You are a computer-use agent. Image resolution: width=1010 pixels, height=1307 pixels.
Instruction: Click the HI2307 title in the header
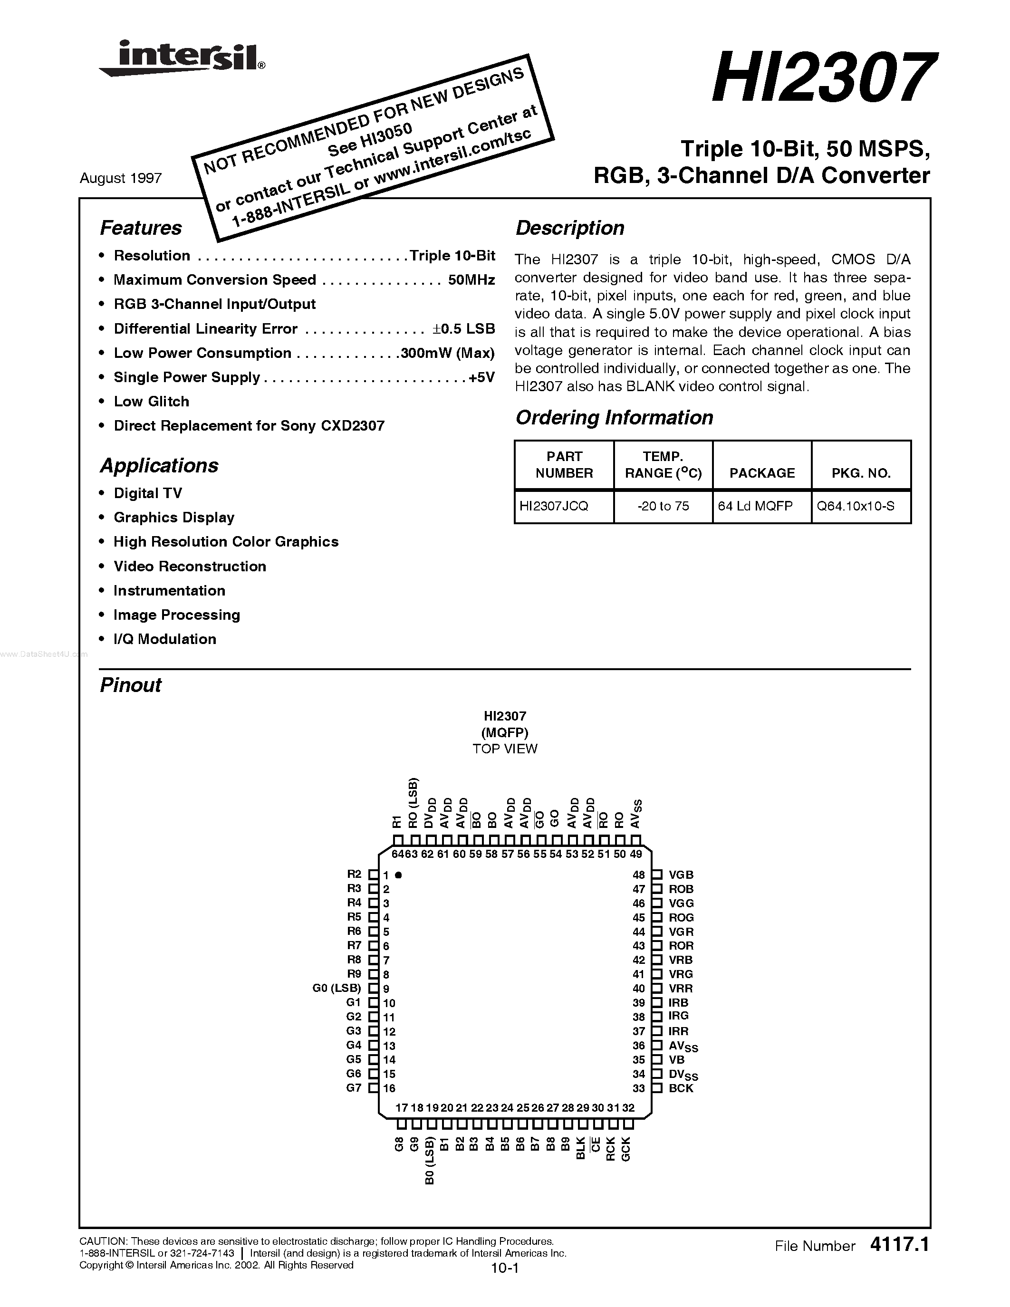(820, 78)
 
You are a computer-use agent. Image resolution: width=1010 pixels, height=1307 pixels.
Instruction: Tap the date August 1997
(121, 178)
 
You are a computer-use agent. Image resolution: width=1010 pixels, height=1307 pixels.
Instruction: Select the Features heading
(141, 228)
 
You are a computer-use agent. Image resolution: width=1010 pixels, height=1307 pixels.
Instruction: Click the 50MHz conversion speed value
(471, 280)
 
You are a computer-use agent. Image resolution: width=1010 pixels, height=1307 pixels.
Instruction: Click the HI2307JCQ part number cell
(554, 506)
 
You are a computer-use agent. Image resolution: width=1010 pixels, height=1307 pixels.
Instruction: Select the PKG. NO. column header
(861, 473)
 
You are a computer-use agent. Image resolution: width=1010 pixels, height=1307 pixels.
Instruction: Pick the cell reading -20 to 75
(663, 506)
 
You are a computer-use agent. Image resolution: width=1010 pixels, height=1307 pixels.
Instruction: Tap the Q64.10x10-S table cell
(856, 506)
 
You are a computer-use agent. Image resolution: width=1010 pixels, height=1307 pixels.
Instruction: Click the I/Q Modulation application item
(164, 639)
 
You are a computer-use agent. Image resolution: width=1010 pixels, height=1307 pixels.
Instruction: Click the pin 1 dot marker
(398, 875)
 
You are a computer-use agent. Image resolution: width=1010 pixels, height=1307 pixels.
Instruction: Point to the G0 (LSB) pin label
(337, 989)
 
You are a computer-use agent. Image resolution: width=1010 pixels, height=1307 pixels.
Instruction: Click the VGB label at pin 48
(681, 875)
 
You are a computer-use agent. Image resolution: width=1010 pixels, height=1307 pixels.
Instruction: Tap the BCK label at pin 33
(681, 1088)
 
